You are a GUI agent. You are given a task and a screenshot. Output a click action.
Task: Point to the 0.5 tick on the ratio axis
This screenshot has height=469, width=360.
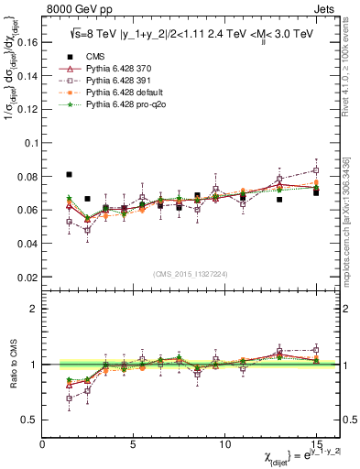click(30, 420)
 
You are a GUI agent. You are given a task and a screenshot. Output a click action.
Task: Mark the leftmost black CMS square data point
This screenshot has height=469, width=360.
click(70, 174)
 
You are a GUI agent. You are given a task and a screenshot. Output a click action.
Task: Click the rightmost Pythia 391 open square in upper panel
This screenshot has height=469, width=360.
click(316, 170)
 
